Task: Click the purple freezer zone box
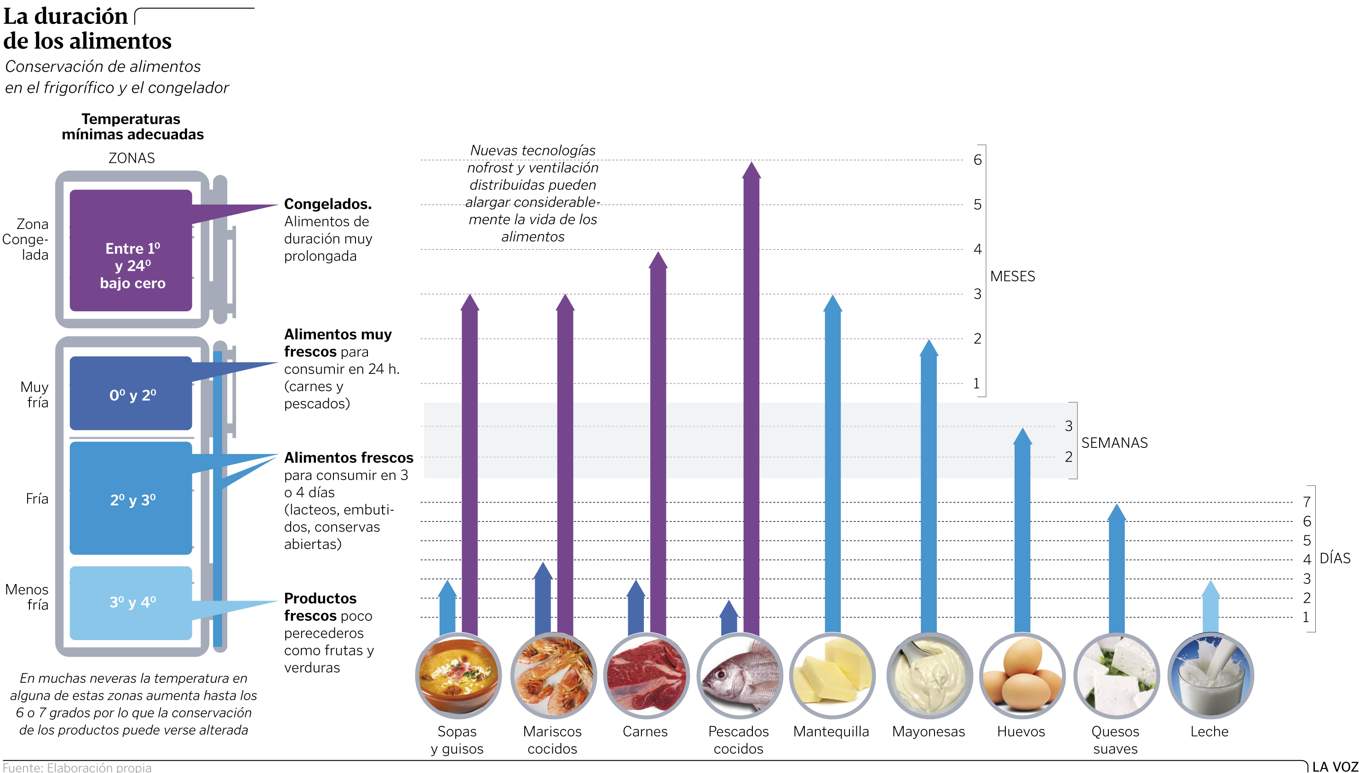(131, 250)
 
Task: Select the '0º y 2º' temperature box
(131, 394)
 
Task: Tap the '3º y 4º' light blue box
(131, 602)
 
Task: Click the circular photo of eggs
(1021, 676)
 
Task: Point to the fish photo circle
(739, 676)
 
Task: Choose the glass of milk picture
(1210, 676)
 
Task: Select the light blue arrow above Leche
(1210, 608)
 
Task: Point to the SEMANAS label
(1114, 443)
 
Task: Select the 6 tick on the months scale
(977, 160)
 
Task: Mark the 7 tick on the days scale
(1307, 502)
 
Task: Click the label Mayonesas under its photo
(928, 732)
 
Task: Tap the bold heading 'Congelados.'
(327, 204)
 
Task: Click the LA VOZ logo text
(1335, 767)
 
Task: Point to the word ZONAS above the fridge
(132, 158)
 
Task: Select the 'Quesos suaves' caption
(1115, 740)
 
